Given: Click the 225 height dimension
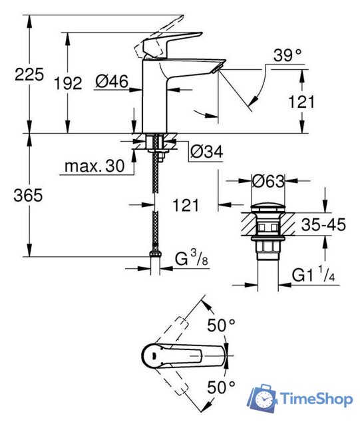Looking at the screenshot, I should tap(29, 75).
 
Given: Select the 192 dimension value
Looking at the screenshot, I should tap(67, 83).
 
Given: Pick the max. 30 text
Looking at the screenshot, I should tap(95, 166).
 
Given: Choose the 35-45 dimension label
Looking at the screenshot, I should tap(323, 226).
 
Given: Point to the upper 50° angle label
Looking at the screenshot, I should tap(222, 326).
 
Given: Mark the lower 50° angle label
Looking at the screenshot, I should tap(222, 386).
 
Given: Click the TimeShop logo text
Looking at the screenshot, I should tap(315, 399).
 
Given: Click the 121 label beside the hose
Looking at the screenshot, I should tap(186, 205).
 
